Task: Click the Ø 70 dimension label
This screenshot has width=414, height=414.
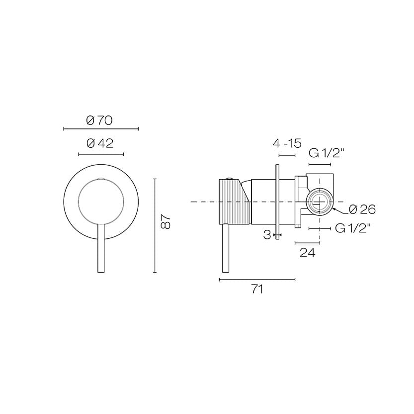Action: [x=99, y=120]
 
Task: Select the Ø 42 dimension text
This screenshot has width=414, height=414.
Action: [x=100, y=143]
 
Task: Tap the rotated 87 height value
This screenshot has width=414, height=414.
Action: [x=166, y=222]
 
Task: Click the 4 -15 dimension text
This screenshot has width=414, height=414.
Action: [x=287, y=144]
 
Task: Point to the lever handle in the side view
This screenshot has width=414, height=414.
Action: [x=226, y=249]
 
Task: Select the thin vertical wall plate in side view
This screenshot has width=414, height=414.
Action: [x=277, y=202]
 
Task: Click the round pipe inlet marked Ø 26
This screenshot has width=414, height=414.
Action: [x=320, y=202]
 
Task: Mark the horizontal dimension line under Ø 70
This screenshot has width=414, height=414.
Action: [x=101, y=129]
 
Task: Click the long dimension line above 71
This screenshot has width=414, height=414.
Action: [x=257, y=280]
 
